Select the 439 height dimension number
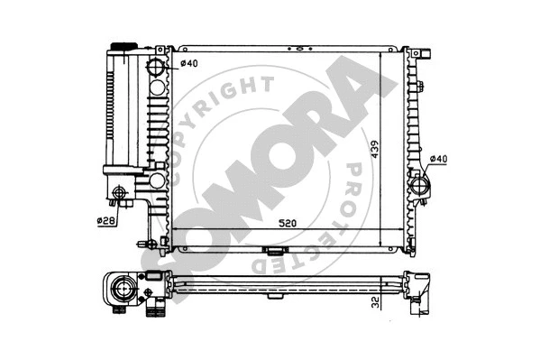point(373,146)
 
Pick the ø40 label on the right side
point(438,161)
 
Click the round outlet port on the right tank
point(421,187)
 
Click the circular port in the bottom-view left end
point(122,290)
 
